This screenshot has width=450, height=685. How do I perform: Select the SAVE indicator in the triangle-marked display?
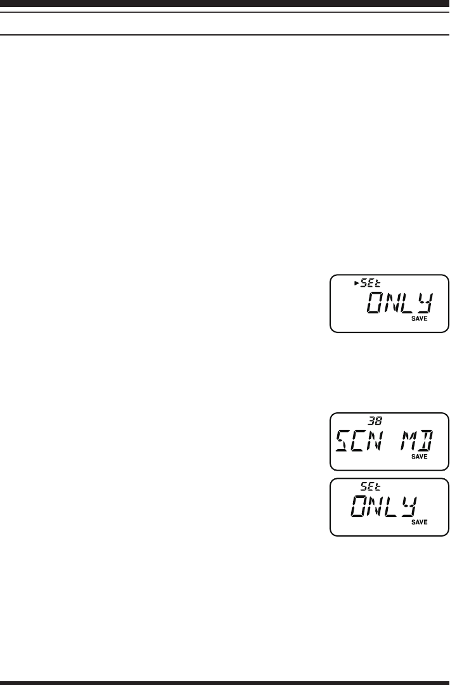[x=418, y=319]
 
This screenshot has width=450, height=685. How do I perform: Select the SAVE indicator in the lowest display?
[x=418, y=522]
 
